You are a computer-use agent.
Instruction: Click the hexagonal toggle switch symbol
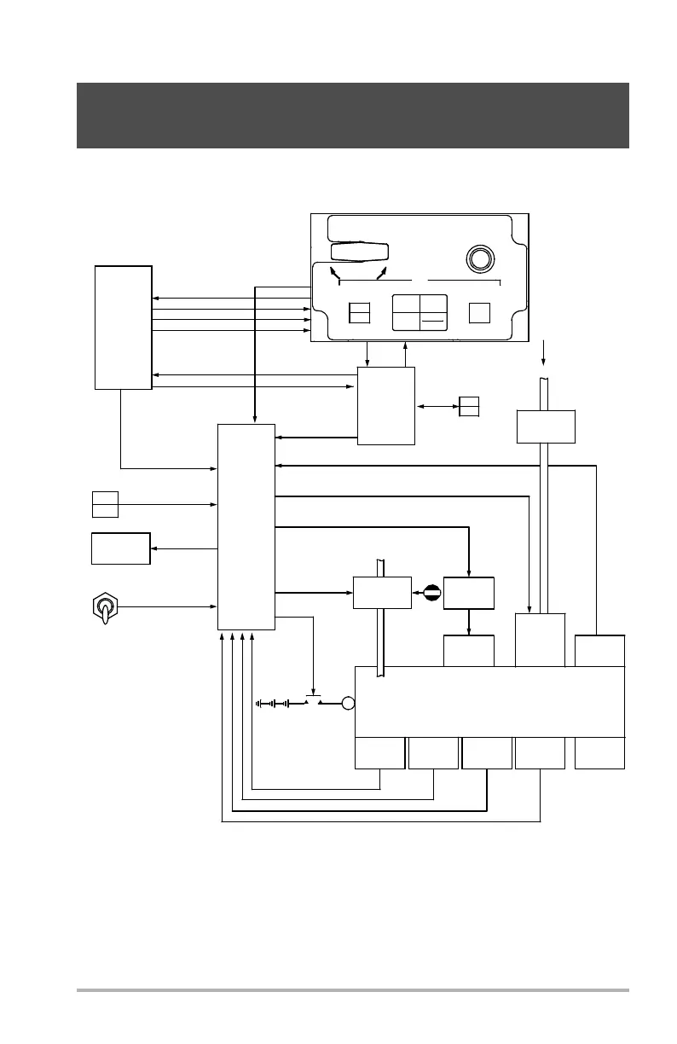[x=106, y=607]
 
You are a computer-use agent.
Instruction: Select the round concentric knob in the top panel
[x=478, y=258]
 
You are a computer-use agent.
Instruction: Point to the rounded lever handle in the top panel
[x=360, y=252]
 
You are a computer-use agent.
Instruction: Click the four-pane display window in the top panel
[x=420, y=313]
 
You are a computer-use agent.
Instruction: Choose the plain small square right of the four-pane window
[x=480, y=312]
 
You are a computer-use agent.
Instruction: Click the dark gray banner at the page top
[x=353, y=115]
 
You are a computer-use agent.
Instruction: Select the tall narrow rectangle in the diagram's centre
[x=246, y=526]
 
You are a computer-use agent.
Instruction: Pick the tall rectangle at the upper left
[x=124, y=328]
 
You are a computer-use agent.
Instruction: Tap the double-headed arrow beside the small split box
[x=437, y=407]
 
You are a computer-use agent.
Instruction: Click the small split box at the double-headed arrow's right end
[x=469, y=407]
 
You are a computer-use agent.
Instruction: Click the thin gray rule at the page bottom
[x=353, y=990]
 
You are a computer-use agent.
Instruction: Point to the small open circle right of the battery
[x=347, y=704]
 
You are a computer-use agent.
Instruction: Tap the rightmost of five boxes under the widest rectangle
[x=599, y=753]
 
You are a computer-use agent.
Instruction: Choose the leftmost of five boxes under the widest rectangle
[x=379, y=753]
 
